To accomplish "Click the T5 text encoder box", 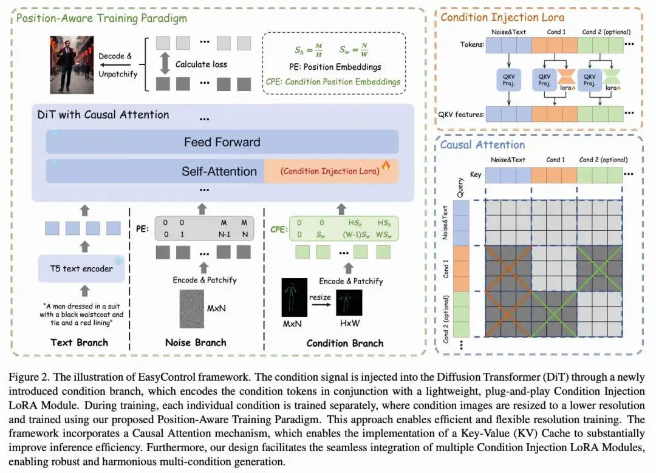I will point(81,268).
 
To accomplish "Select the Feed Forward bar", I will point(222,142).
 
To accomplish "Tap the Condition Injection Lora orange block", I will point(331,171).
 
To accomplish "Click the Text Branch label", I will point(79,342).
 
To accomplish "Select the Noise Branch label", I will point(196,342).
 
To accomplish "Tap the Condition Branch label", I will point(344,343).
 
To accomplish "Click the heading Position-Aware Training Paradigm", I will point(101,18).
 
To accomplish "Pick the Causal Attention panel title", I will point(482,145).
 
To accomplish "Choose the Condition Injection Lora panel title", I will point(502,17).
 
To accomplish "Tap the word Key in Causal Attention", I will point(476,174).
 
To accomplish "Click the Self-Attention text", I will point(219,172).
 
